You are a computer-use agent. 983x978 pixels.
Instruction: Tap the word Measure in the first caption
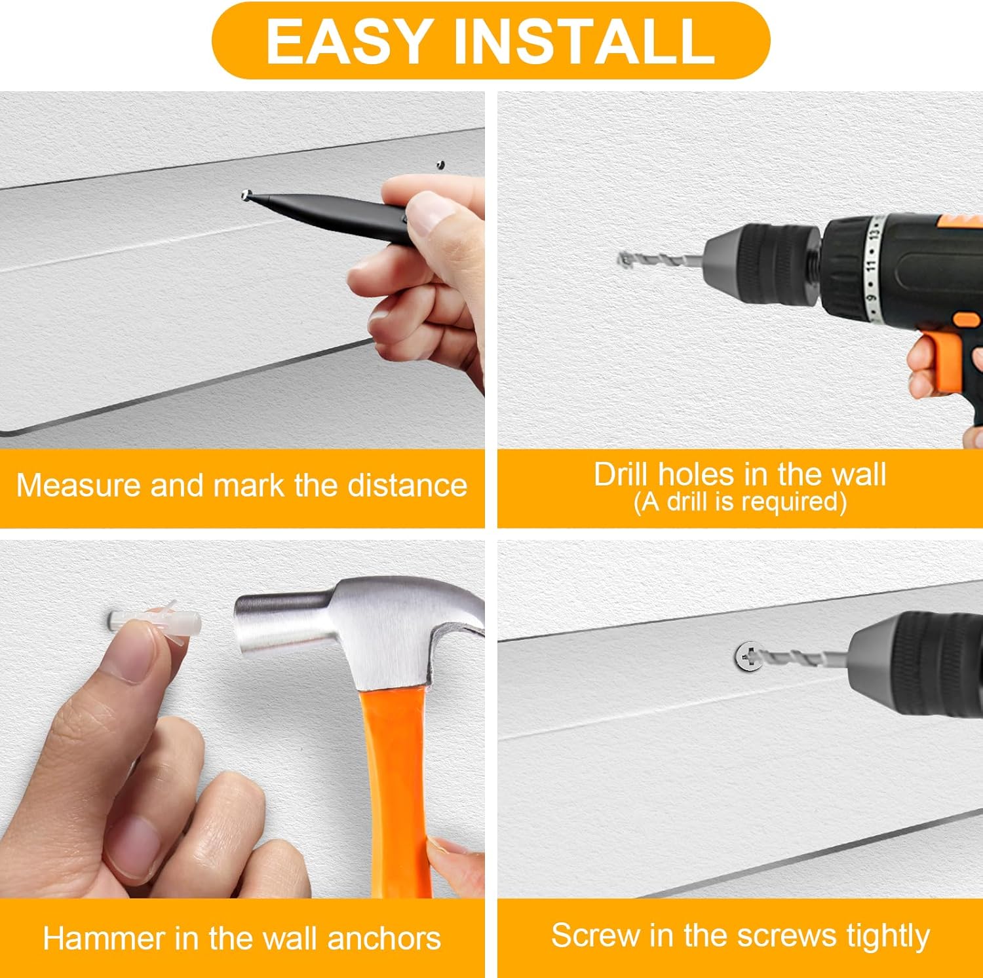point(79,485)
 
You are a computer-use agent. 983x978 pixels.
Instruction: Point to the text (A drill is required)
point(741,502)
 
